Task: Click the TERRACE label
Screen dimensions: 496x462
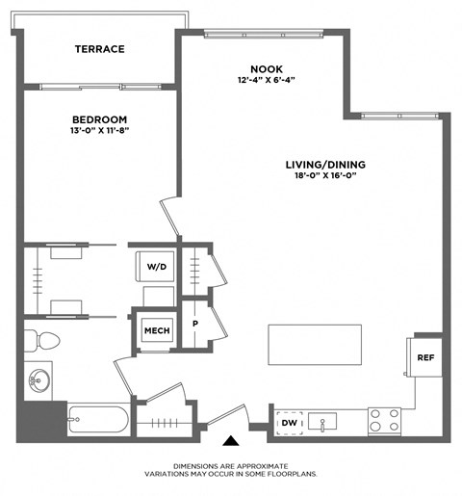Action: pos(100,49)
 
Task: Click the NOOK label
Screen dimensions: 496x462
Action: pos(267,68)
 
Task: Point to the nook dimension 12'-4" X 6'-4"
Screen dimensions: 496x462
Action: pos(267,81)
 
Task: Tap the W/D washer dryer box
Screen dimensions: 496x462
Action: pos(156,267)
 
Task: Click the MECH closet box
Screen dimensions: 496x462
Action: pos(156,330)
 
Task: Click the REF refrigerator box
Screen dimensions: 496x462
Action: pos(424,357)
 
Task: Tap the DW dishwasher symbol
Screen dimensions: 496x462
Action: pos(288,422)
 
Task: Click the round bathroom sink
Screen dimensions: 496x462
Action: pos(39,378)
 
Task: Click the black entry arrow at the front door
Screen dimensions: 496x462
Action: pos(231,442)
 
